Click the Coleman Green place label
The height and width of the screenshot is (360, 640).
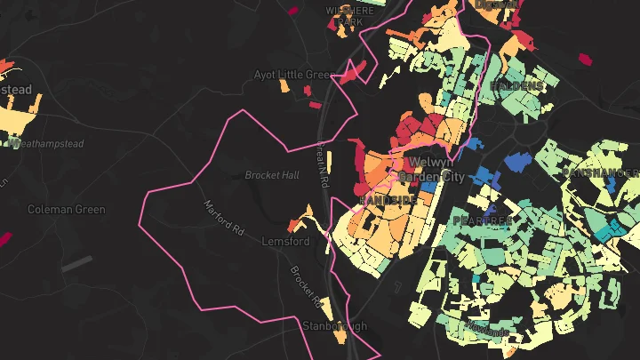pos(67,210)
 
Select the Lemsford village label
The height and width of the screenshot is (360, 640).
pos(285,242)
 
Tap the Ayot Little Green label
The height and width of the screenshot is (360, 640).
pos(292,75)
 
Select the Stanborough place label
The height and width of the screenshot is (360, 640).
pos(334,326)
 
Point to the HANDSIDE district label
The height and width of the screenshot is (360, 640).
pos(388,201)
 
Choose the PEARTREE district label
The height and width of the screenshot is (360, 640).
pos(483,220)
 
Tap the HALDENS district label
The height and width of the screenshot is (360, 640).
pos(516,85)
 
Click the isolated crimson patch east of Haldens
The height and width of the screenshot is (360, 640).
pos(585,60)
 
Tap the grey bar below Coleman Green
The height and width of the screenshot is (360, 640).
pos(76,263)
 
